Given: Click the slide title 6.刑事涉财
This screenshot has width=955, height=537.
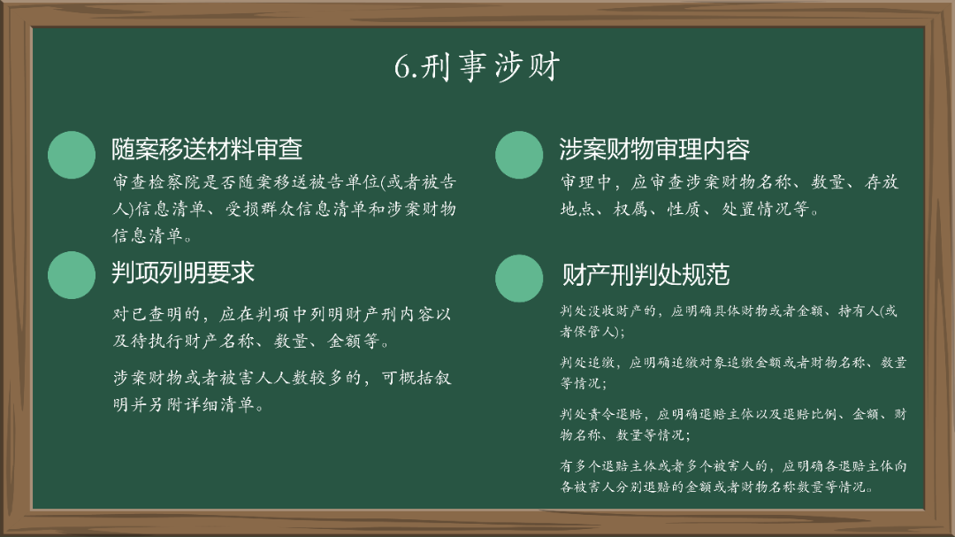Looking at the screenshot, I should (477, 67).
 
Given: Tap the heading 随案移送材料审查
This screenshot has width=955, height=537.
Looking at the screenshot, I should (207, 150).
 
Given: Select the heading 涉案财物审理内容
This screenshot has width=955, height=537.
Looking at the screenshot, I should (654, 150).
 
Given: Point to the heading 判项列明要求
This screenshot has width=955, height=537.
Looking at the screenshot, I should (183, 272).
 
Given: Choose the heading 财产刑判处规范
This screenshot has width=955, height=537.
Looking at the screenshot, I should (646, 274).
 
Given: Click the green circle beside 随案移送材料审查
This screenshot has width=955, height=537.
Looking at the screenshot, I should (72, 156).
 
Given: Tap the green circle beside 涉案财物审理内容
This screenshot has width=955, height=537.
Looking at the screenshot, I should (519, 156).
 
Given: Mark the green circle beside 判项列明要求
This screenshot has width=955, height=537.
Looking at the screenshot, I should (72, 274).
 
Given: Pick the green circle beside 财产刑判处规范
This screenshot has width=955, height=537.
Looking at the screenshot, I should (519, 278).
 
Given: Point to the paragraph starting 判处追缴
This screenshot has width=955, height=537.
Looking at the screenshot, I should (733, 372).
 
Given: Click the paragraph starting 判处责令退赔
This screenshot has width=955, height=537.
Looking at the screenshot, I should (733, 424).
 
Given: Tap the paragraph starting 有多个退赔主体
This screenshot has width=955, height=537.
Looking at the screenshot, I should (733, 476).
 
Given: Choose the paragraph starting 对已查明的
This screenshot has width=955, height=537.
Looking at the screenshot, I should (282, 327).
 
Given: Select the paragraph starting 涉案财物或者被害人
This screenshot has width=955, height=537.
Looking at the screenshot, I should (282, 391).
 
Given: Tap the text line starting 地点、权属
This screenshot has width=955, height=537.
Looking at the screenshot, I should (690, 210).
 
